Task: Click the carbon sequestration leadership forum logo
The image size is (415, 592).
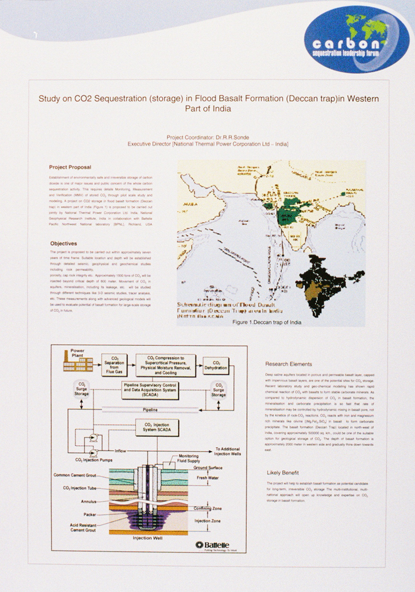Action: (356, 40)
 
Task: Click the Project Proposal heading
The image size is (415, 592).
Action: (70, 167)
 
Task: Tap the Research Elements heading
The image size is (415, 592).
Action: (288, 364)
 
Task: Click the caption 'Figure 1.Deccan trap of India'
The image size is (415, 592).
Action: (267, 322)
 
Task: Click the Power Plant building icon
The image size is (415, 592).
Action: (78, 362)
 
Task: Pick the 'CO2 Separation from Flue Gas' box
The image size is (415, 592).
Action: (114, 365)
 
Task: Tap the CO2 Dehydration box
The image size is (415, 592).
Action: (216, 365)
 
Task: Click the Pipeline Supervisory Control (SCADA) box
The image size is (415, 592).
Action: (150, 391)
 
